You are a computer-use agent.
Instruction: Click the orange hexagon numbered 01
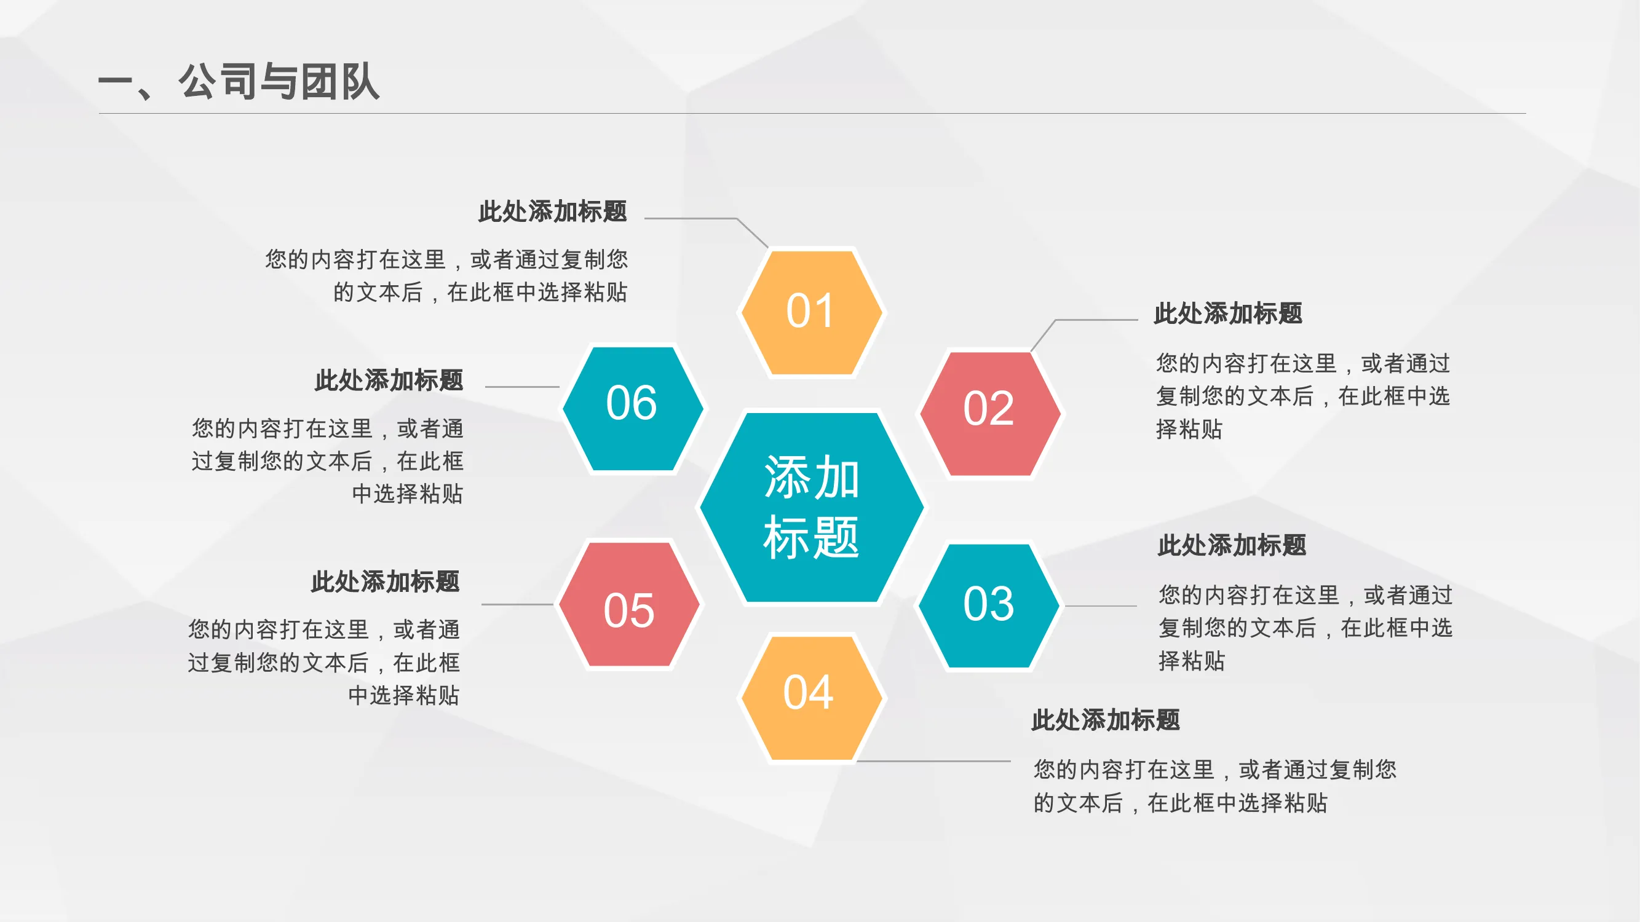pyautogui.click(x=811, y=312)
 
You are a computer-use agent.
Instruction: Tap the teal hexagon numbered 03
pyautogui.click(x=989, y=606)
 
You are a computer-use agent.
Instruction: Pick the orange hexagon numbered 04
pyautogui.click(x=811, y=698)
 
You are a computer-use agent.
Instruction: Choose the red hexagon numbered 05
pyautogui.click(x=630, y=604)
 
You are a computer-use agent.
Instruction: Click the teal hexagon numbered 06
pyautogui.click(x=632, y=409)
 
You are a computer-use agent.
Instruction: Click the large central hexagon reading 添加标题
pyautogui.click(x=812, y=507)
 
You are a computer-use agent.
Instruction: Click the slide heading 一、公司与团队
pyautogui.click(x=239, y=82)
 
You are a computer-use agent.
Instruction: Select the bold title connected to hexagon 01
pyautogui.click(x=553, y=211)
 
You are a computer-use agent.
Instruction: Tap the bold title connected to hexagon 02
pyautogui.click(x=1228, y=313)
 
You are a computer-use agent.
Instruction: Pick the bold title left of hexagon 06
pyautogui.click(x=389, y=380)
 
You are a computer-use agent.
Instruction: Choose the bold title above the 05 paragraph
pyautogui.click(x=385, y=581)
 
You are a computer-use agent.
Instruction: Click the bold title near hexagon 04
pyautogui.click(x=1106, y=720)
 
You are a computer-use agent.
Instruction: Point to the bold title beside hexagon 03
pyautogui.click(x=1232, y=545)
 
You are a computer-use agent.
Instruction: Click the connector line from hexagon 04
pyautogui.click(x=934, y=760)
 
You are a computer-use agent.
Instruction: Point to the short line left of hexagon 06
pyautogui.click(x=522, y=386)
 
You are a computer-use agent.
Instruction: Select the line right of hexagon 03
pyautogui.click(x=1101, y=606)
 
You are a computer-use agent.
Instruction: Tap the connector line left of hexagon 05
pyautogui.click(x=518, y=604)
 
